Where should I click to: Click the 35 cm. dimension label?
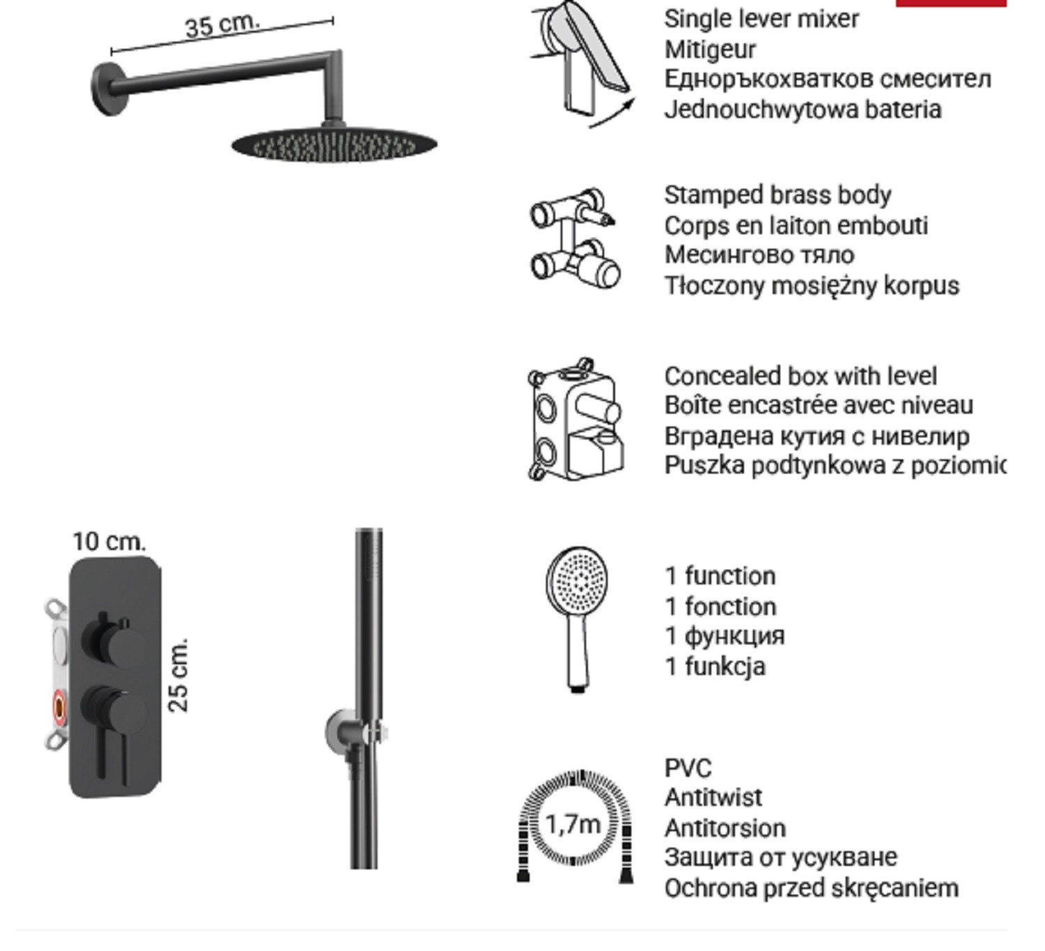[x=222, y=24]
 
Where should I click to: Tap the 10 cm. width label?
[x=109, y=542]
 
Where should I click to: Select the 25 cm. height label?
[x=178, y=674]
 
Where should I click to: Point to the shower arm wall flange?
[x=108, y=89]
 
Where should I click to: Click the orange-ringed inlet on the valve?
[x=60, y=707]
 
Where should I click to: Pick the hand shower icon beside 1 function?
[x=578, y=619]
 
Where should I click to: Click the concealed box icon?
[x=575, y=420]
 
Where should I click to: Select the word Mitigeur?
[x=710, y=50]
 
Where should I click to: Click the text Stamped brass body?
[x=777, y=195]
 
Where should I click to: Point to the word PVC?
[x=688, y=768]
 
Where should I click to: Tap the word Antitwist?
[x=713, y=798]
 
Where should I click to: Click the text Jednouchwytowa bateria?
[x=803, y=110]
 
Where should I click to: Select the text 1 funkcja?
[x=715, y=667]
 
